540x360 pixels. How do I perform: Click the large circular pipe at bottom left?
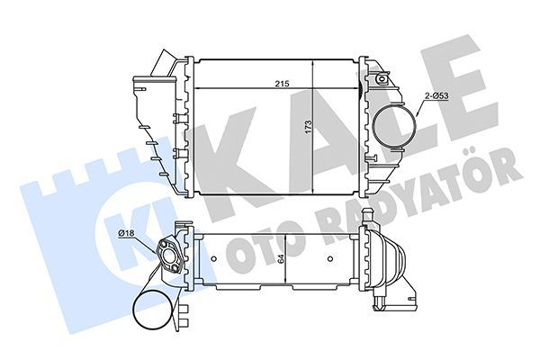pyautogui.click(x=155, y=313)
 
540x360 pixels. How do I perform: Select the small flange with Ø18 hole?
pyautogui.click(x=170, y=253)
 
